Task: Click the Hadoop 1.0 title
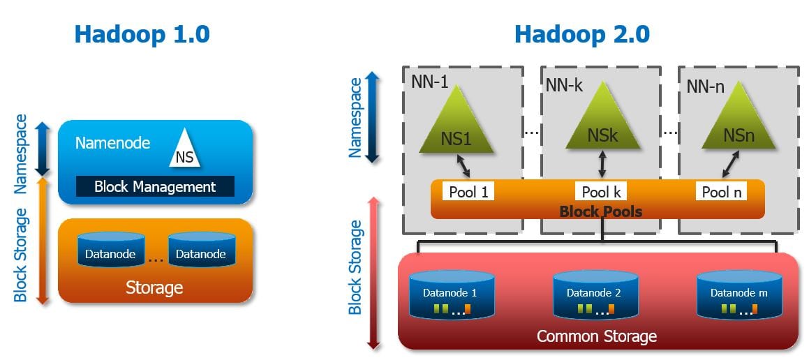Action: pyautogui.click(x=142, y=33)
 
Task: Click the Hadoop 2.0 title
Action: pyautogui.click(x=582, y=33)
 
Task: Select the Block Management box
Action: pyautogui.click(x=155, y=186)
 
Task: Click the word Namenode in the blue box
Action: pyautogui.click(x=112, y=143)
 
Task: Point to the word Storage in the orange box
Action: pyautogui.click(x=154, y=287)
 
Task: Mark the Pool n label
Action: pyautogui.click(x=721, y=191)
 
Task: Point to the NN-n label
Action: pyautogui.click(x=706, y=86)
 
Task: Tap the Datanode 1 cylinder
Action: pyautogui.click(x=450, y=296)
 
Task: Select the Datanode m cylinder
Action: pyautogui.click(x=739, y=296)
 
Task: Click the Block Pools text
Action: pyautogui.click(x=600, y=210)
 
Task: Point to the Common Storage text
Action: pyautogui.click(x=597, y=336)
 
